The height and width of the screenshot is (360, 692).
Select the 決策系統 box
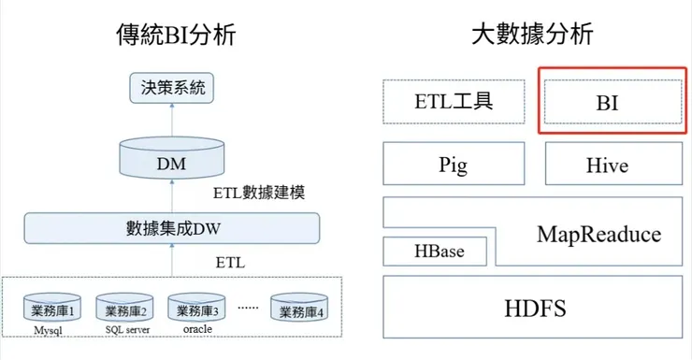tap(171, 91)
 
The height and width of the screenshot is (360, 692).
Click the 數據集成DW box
tap(171, 227)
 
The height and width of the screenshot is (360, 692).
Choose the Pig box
tap(453, 165)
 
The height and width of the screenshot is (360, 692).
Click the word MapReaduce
tap(598, 234)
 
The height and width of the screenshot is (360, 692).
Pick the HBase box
tap(439, 251)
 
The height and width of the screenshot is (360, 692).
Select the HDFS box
tap(531, 306)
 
